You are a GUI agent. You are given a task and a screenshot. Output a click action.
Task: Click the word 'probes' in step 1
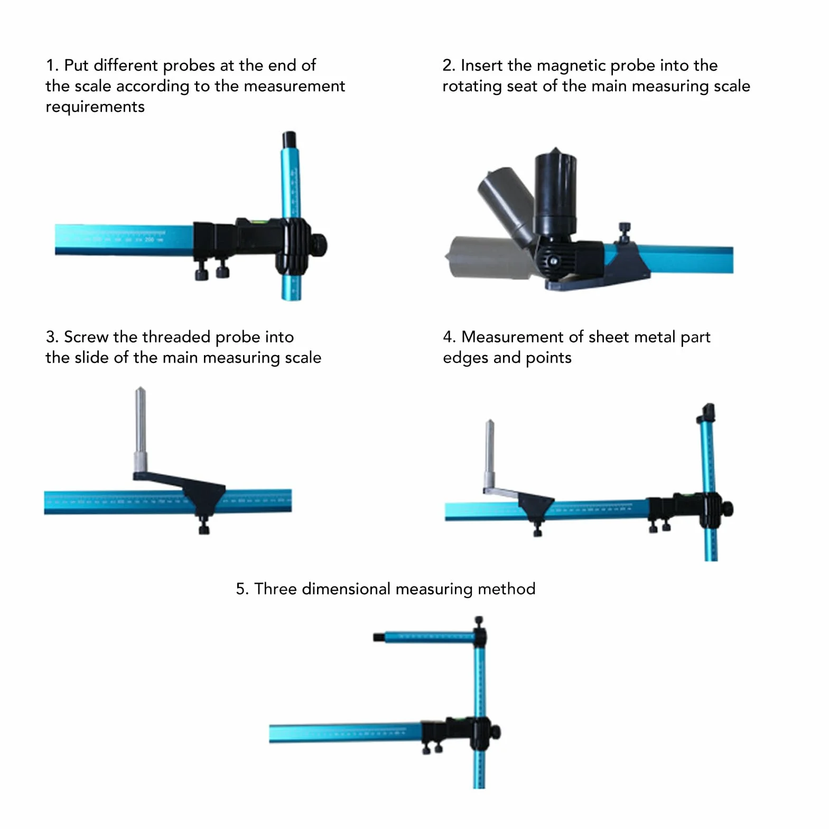[189, 66]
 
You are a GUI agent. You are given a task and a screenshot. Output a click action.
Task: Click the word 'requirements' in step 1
[95, 107]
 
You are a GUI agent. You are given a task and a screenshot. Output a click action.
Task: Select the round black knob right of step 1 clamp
[320, 245]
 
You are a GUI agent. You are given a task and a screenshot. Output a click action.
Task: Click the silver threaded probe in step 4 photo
[490, 455]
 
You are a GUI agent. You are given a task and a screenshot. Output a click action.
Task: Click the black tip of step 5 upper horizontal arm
[378, 637]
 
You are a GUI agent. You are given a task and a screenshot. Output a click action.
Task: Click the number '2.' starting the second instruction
[449, 66]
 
